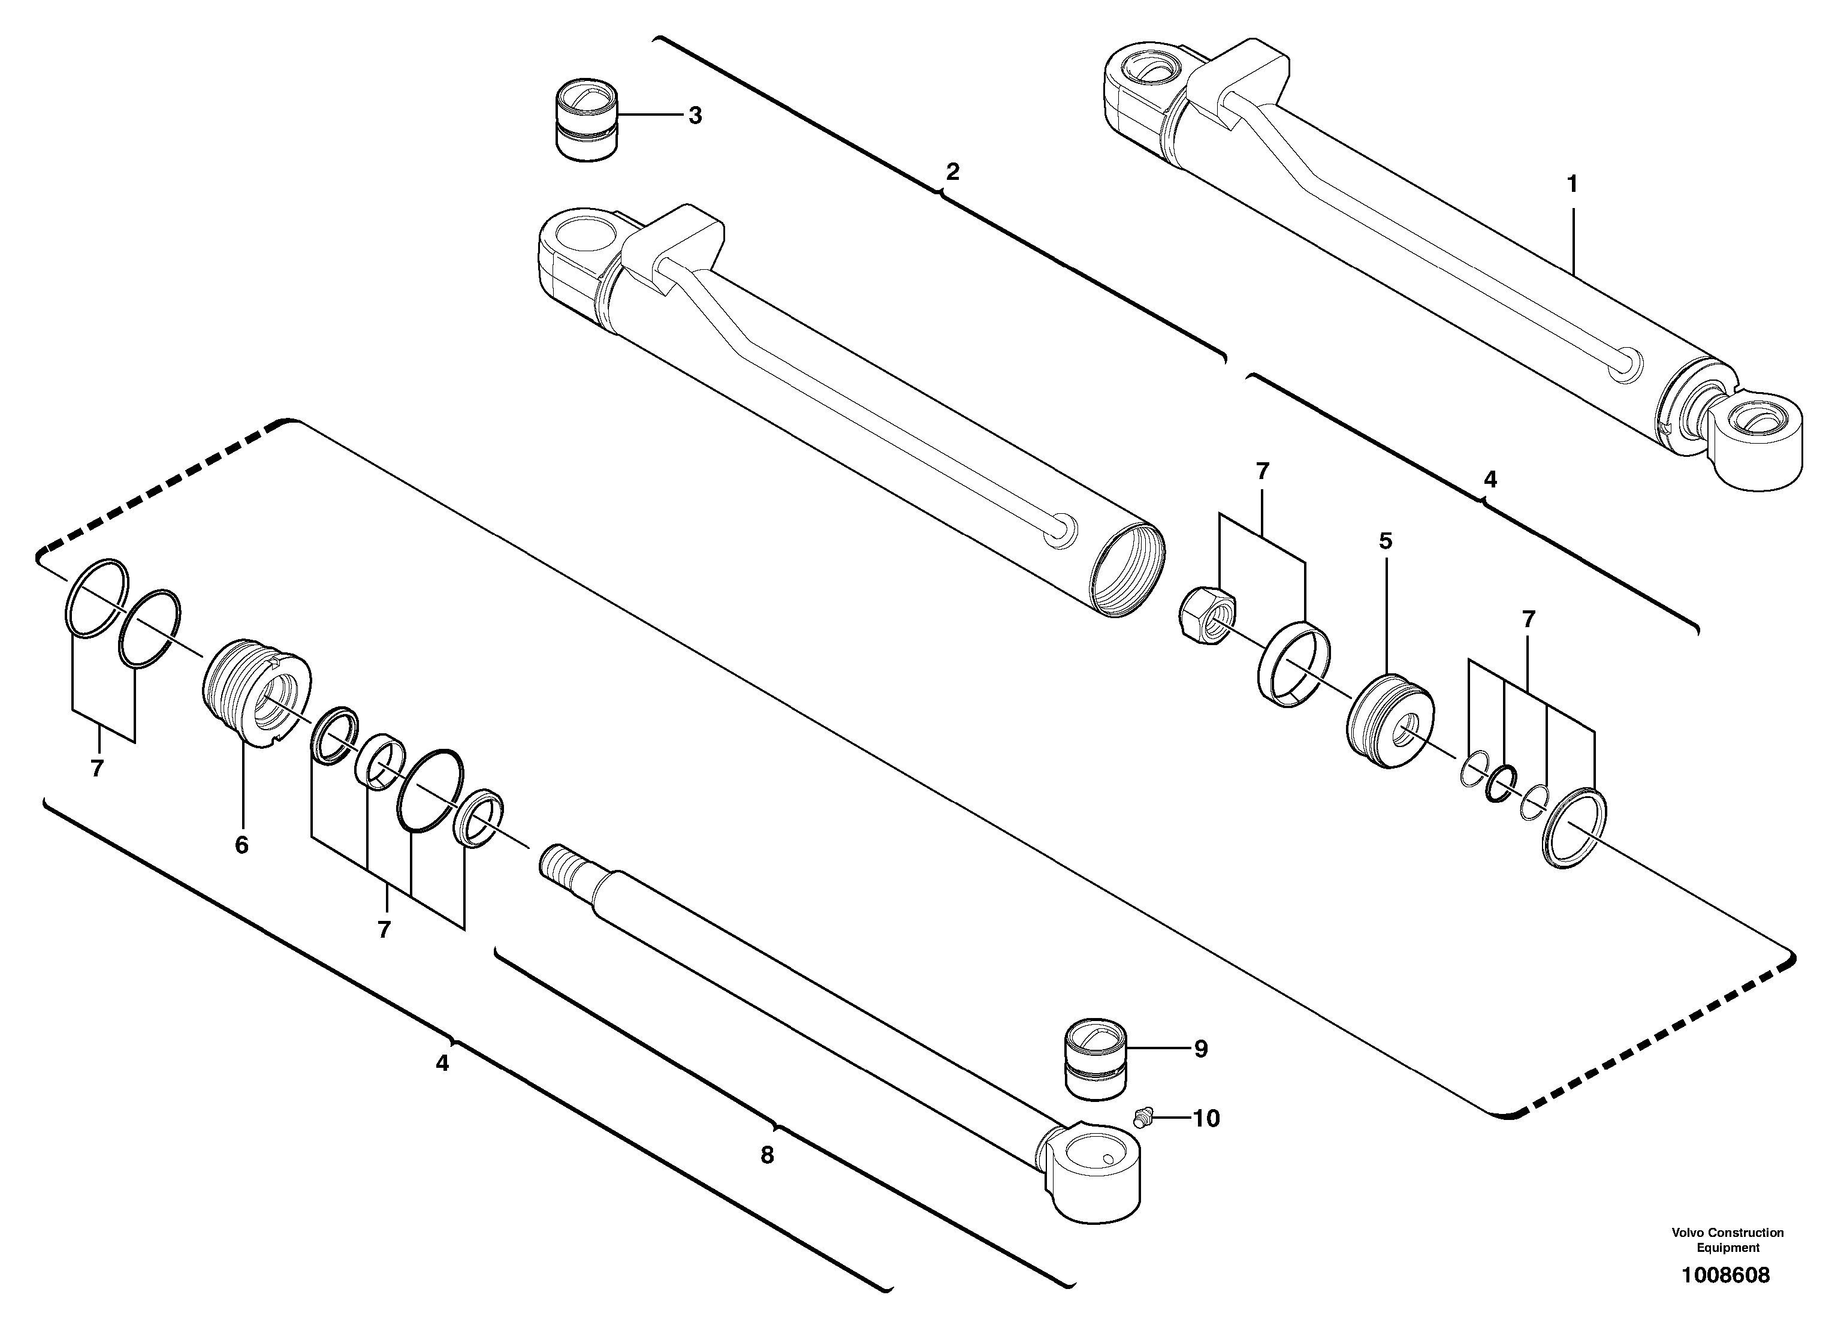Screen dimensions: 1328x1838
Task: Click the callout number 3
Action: pos(695,115)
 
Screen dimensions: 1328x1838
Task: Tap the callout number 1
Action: pos(1572,185)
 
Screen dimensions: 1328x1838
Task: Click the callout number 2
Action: pos(952,172)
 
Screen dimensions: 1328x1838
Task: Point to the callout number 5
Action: pos(1386,540)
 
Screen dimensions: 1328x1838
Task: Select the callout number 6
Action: pos(242,845)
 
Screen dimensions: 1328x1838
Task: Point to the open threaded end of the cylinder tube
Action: pos(1127,579)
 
